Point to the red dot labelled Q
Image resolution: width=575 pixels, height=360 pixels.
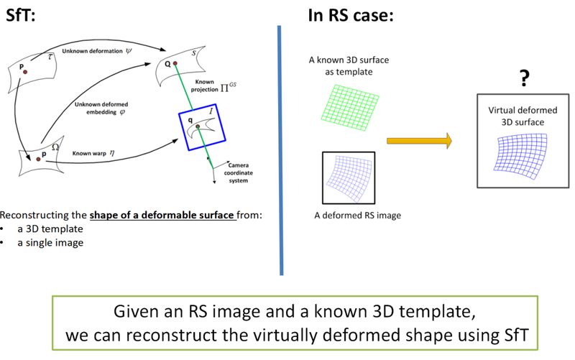tap(175, 63)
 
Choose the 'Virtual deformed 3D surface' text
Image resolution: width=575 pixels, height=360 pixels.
tap(515, 117)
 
